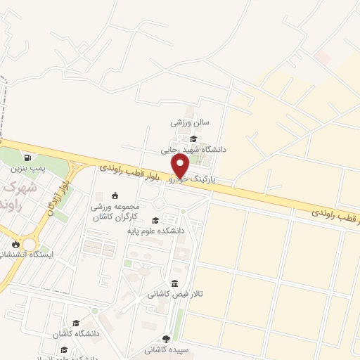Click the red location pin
coord(181,166)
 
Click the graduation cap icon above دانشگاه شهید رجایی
coord(193,138)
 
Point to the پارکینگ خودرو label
coord(191,180)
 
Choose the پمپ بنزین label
coord(27,169)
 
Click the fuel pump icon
coord(27,157)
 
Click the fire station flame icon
coord(15,243)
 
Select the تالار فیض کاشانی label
coord(174,295)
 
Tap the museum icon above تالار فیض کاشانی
coord(174,283)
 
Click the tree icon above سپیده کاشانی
coord(166,337)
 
